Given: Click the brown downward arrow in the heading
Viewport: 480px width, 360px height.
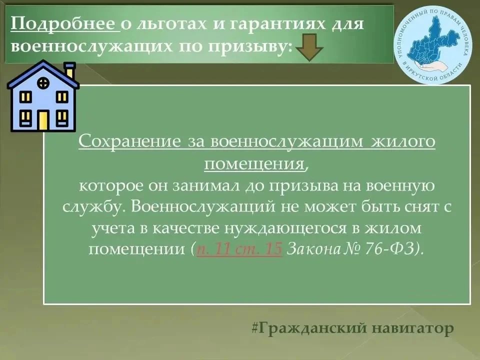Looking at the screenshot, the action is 309,47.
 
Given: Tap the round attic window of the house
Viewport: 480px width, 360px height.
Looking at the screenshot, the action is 43,83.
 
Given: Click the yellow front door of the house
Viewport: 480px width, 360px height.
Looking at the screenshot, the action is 43,120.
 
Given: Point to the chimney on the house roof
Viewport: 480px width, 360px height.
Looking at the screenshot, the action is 70,70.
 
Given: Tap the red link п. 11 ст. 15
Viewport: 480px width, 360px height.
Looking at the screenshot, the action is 239,248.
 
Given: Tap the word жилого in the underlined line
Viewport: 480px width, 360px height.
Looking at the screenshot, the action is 403,141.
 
